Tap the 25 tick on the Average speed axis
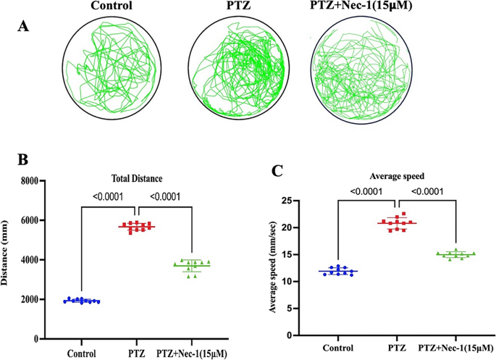288,201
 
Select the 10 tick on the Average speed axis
288,282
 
